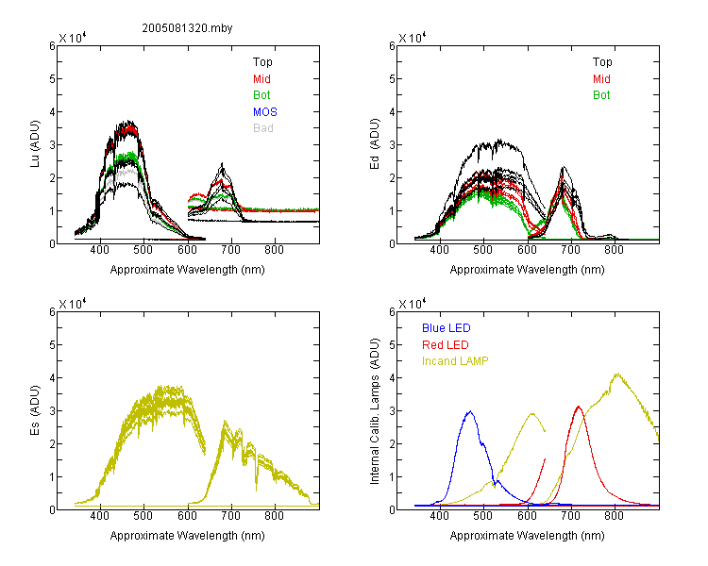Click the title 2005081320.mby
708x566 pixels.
click(x=187, y=28)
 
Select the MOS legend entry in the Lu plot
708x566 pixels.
click(x=265, y=112)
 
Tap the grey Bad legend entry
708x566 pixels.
click(x=263, y=128)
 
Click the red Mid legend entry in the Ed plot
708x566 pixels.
click(x=601, y=79)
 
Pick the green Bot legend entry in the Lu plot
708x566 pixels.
click(x=261, y=95)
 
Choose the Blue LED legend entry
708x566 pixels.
click(x=447, y=328)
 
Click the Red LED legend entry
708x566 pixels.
click(x=446, y=345)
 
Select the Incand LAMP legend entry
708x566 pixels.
click(x=455, y=361)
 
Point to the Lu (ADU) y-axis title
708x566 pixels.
click(x=35, y=144)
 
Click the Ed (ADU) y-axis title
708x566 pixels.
click(x=375, y=144)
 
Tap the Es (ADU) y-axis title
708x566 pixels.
click(x=35, y=410)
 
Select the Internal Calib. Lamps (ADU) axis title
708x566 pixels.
click(x=375, y=411)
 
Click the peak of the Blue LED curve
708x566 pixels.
click(x=470, y=411)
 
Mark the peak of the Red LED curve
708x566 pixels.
click(x=579, y=407)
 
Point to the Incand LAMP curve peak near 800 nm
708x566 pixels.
click(x=617, y=374)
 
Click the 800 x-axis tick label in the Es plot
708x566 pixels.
click(x=274, y=516)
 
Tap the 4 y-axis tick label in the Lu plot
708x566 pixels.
click(x=52, y=112)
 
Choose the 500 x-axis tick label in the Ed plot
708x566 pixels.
click(x=483, y=250)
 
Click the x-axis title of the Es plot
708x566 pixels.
click(x=188, y=536)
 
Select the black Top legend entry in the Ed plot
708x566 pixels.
click(x=602, y=62)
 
